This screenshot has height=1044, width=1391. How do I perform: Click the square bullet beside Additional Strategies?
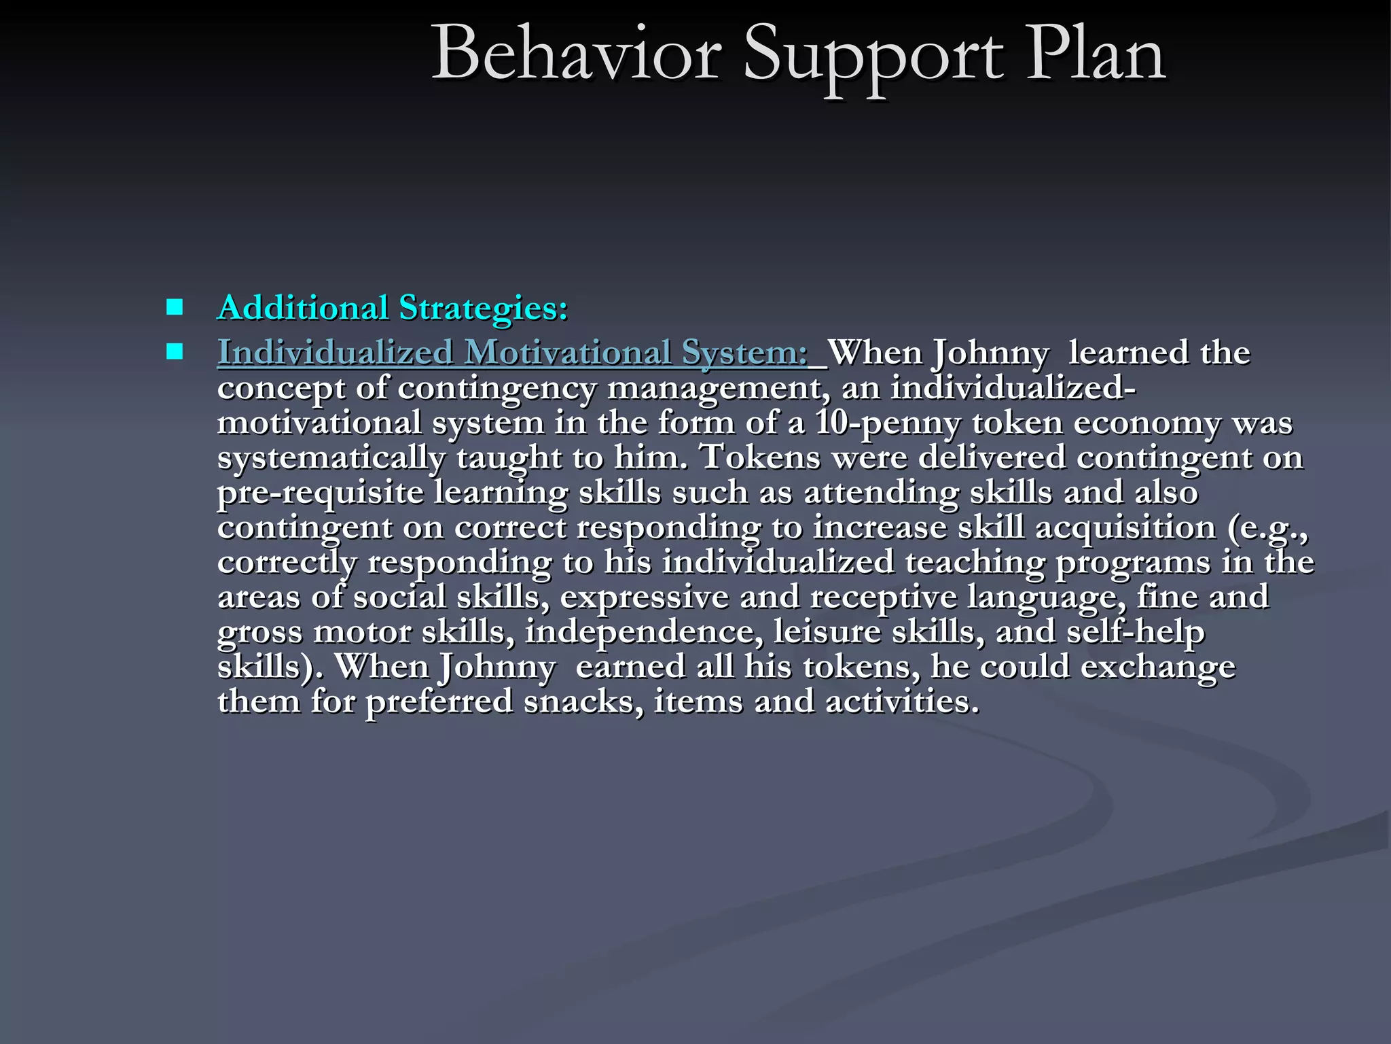point(175,307)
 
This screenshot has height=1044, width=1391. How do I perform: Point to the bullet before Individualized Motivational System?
point(175,351)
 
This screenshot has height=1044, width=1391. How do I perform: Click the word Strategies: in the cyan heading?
point(484,309)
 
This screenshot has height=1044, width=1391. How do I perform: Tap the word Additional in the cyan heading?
point(303,307)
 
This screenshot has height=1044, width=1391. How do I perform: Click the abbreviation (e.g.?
point(1267,528)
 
